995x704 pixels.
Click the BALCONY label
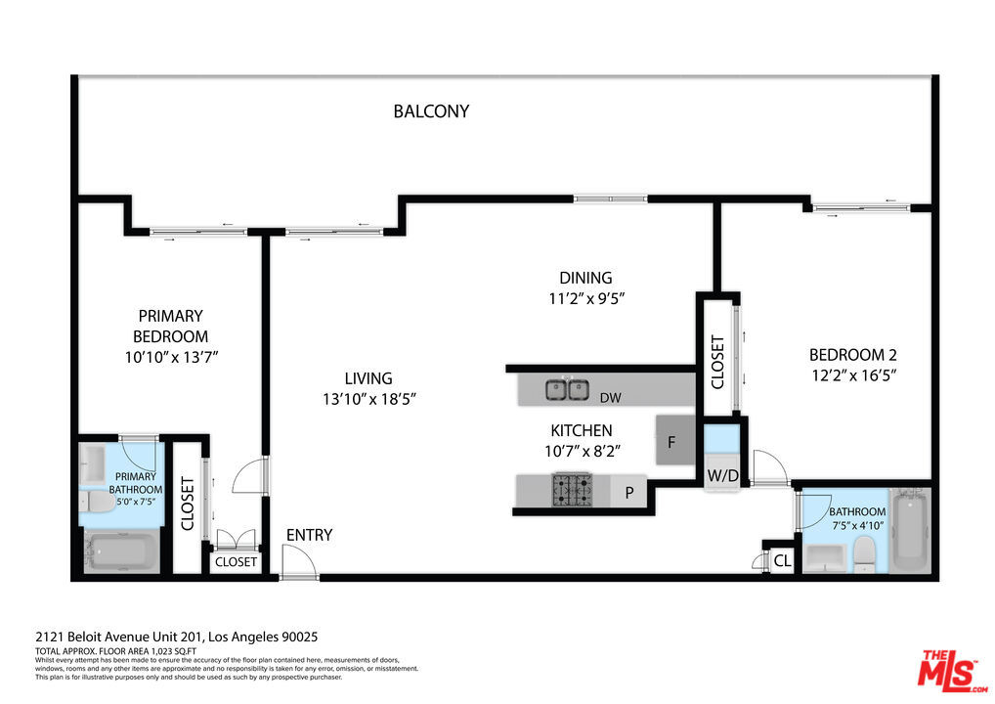pyautogui.click(x=431, y=111)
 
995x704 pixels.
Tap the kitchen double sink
pyautogui.click(x=567, y=389)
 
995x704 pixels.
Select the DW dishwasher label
pyautogui.click(x=611, y=398)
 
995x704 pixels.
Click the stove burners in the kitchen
pyautogui.click(x=572, y=490)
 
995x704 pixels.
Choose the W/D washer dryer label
pyautogui.click(x=722, y=475)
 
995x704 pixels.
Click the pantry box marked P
pyautogui.click(x=628, y=492)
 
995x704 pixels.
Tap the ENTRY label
pyautogui.click(x=309, y=535)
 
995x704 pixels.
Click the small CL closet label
pyautogui.click(x=783, y=560)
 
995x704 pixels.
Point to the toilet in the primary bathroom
pyautogui.click(x=98, y=502)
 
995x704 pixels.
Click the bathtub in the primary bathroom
pyautogui.click(x=122, y=552)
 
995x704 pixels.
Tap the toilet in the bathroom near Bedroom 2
pyautogui.click(x=864, y=552)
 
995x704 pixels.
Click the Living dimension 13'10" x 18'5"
pyautogui.click(x=368, y=399)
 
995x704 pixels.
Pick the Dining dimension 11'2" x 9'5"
pyautogui.click(x=586, y=297)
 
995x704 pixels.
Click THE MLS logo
pyautogui.click(x=952, y=671)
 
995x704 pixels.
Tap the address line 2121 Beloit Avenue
pyautogui.click(x=176, y=637)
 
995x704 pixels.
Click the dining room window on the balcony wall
pyautogui.click(x=611, y=198)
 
